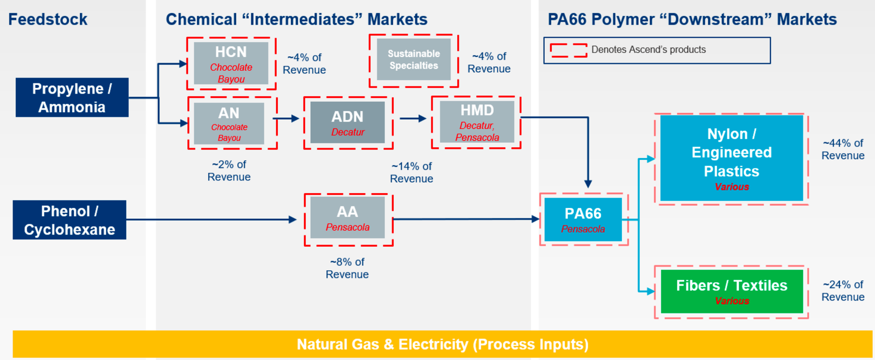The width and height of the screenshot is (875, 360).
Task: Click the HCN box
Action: (231, 63)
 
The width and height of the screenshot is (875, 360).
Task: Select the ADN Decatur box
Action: (348, 123)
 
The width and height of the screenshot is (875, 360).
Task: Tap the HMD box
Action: (476, 122)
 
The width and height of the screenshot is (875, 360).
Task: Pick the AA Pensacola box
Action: (348, 218)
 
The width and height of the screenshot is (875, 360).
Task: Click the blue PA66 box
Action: (583, 219)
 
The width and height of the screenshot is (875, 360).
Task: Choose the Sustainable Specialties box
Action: (413, 60)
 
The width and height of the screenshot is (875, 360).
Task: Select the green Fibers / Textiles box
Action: (732, 291)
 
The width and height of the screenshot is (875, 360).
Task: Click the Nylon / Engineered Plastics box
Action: (732, 158)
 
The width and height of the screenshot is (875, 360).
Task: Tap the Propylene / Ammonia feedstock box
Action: (72, 97)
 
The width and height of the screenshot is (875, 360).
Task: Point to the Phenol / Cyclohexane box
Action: (69, 220)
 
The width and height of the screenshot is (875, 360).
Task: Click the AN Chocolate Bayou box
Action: (229, 123)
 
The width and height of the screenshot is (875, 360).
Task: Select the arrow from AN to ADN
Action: (286, 118)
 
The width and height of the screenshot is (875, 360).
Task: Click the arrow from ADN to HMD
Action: (413, 118)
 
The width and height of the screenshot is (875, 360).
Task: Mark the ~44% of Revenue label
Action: (843, 149)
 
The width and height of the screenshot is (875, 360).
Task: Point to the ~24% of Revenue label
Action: (843, 291)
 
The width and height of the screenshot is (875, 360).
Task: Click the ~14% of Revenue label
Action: (411, 172)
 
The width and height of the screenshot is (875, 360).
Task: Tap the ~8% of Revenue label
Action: (347, 268)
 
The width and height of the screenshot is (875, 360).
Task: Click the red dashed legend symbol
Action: (568, 50)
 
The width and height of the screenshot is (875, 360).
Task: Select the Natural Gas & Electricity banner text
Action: (442, 345)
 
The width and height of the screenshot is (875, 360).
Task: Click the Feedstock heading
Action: (48, 20)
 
